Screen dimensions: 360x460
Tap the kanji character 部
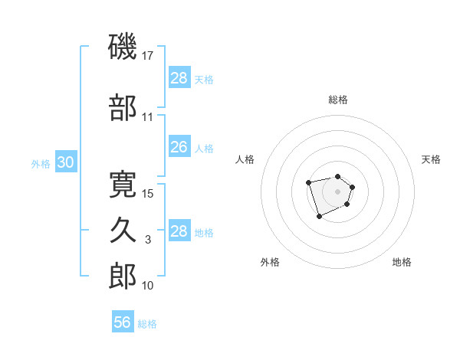123,108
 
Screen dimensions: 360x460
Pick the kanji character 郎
123,276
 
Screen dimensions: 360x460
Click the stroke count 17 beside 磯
149,56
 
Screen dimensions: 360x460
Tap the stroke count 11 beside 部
148,117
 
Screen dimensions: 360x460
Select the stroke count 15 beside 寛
149,193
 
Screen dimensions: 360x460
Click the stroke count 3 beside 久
149,240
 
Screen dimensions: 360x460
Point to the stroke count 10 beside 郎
149,286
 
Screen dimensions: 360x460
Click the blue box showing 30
66,163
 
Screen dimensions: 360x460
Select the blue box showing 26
179,147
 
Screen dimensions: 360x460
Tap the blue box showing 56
123,322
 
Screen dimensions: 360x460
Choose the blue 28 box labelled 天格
179,78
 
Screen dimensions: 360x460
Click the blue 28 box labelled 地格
179,231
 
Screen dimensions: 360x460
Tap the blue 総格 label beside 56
147,324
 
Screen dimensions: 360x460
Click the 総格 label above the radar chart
338,100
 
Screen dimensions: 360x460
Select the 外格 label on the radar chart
270,262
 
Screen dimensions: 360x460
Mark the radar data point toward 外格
319,217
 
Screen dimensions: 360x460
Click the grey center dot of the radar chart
337,191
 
